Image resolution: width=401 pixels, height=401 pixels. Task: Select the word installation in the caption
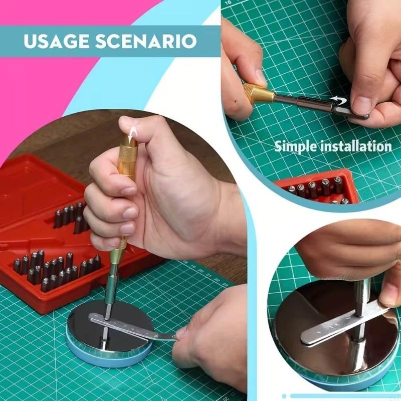coord(358,146)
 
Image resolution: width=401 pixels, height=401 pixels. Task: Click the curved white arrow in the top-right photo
coord(336,101)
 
